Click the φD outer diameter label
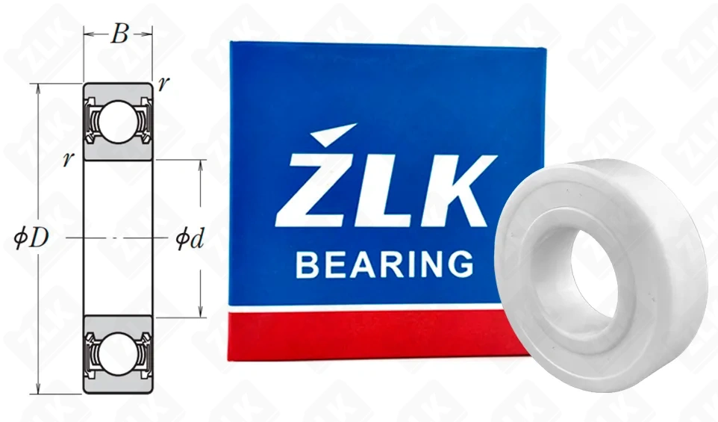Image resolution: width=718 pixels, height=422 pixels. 32,238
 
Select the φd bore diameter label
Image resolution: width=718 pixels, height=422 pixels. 190,239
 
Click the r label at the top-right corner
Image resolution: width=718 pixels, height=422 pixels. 163,83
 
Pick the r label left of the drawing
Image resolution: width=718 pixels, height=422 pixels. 68,159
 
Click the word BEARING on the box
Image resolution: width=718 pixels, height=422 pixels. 384,264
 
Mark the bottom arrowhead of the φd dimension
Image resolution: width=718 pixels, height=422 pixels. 201,313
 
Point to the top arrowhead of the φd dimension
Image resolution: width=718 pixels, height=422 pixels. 201,163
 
